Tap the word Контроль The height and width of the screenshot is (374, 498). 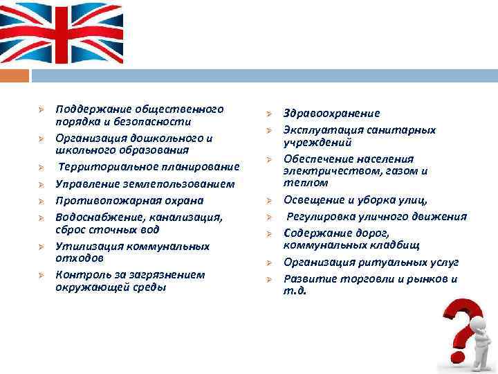(x=78, y=274)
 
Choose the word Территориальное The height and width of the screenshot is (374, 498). (x=104, y=167)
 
